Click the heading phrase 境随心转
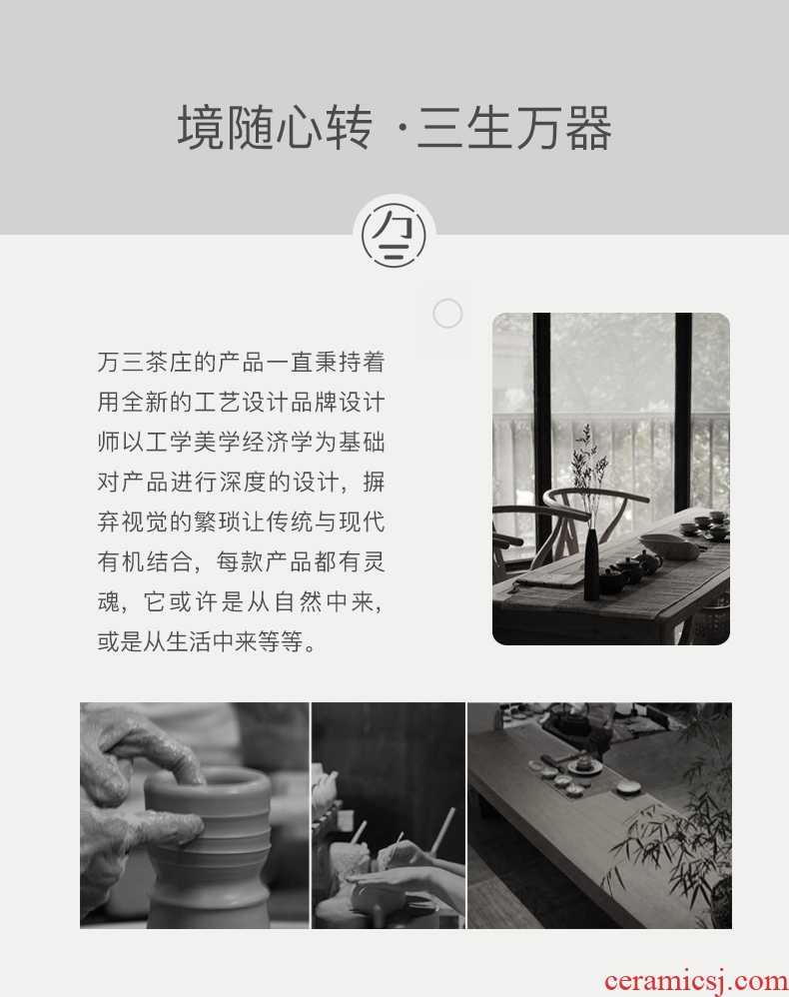[x=275, y=128]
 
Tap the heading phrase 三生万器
[x=514, y=128]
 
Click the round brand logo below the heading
[x=394, y=235]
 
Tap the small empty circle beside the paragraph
[x=447, y=314]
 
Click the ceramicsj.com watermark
[x=696, y=981]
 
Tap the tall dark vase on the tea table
[x=591, y=564]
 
